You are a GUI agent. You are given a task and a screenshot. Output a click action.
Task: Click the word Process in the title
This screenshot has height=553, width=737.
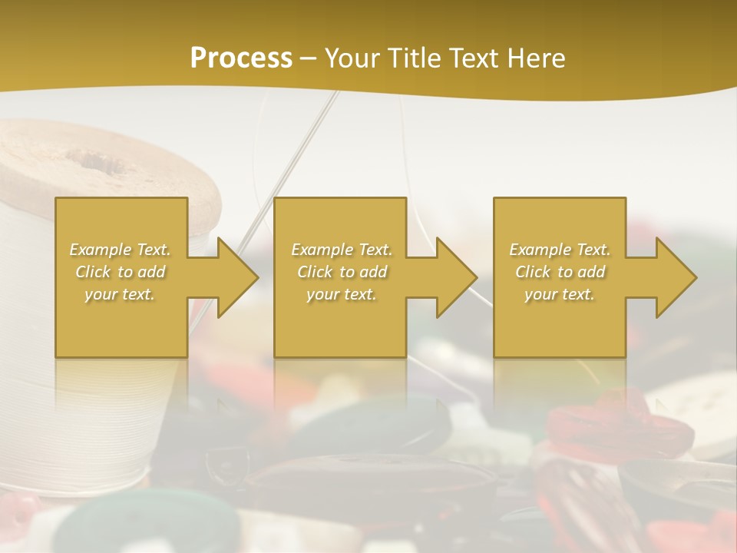point(241,58)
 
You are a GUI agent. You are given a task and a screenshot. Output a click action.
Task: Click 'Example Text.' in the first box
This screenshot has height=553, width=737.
point(121,250)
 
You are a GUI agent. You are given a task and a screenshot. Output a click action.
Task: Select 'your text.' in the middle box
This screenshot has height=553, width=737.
point(341,294)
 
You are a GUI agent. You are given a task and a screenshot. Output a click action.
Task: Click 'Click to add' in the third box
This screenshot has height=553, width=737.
point(560,272)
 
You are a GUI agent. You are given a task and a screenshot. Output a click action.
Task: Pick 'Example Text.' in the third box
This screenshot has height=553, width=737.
point(560,250)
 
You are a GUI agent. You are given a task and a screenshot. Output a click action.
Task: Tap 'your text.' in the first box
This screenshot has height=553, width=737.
point(121,294)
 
